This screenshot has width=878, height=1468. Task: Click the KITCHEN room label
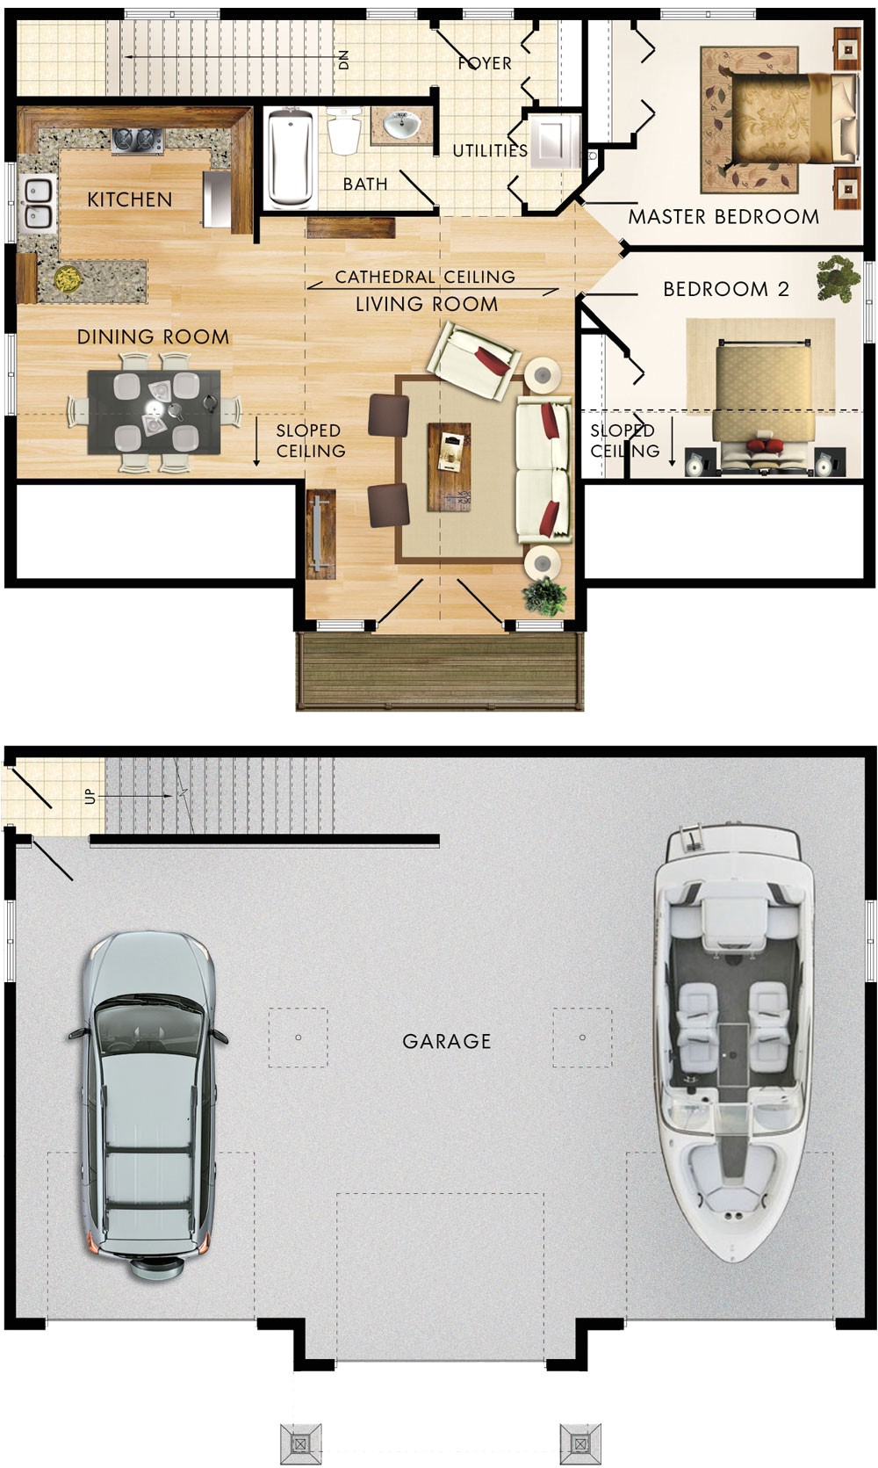point(130,199)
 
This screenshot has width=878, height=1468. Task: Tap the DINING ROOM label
point(153,336)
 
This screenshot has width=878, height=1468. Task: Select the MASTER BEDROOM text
point(723,217)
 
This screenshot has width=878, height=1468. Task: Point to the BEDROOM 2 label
point(725,289)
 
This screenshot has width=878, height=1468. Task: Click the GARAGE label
point(446,1041)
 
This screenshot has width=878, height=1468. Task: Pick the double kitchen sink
point(37,203)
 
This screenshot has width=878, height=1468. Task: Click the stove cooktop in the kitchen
point(137,140)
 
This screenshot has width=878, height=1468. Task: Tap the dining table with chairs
point(154,412)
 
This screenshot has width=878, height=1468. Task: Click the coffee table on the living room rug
point(450,466)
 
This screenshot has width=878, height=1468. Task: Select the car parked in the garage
point(147,1103)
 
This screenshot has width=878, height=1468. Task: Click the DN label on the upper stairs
point(343,60)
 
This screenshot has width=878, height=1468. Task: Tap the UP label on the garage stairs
point(90,796)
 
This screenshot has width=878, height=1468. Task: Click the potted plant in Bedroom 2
point(838,278)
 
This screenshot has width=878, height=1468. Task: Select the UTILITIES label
point(490,151)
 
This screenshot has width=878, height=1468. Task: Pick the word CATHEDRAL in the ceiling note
point(385,277)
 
